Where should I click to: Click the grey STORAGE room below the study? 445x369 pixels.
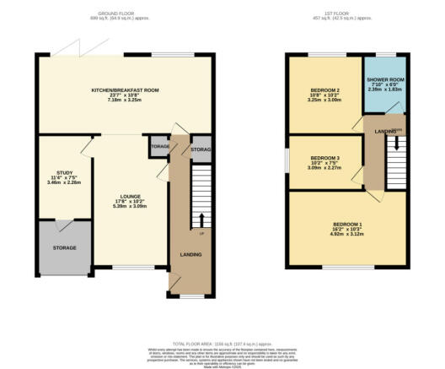65,247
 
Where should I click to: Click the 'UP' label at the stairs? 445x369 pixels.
201,232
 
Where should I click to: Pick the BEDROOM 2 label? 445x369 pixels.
324,90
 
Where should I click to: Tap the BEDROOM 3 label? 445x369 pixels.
325,158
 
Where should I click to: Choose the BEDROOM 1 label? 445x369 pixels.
346,223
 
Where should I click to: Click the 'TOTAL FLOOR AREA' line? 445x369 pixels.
222,345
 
